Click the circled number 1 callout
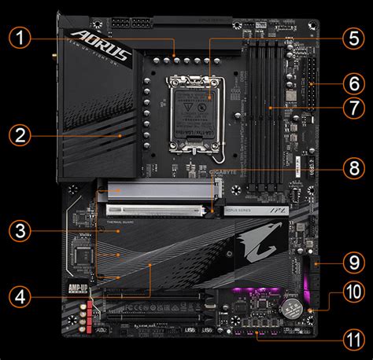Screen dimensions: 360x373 click(23, 39)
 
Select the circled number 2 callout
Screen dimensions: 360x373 click(23, 134)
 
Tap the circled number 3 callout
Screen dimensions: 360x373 click(23, 230)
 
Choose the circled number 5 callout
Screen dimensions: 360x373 click(350, 39)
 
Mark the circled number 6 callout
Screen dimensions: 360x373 click(350, 83)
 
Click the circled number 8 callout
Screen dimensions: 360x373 click(350, 168)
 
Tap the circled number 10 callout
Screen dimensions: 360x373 click(350, 296)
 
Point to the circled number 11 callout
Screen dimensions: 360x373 click(350, 339)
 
